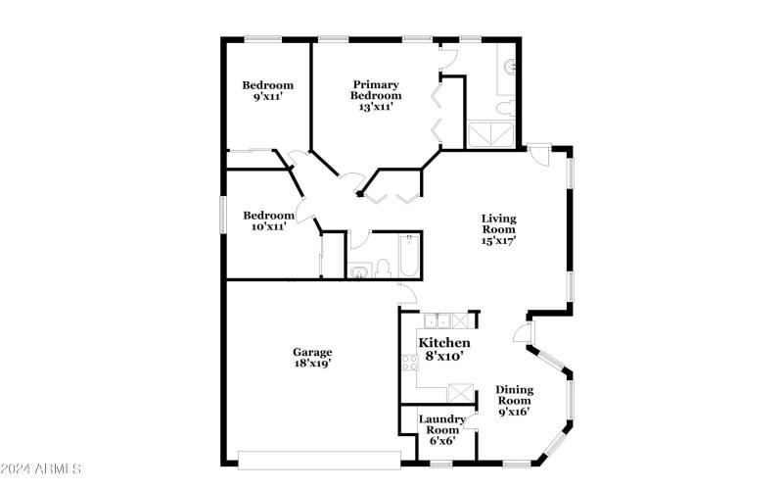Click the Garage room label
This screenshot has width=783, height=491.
click(x=312, y=352)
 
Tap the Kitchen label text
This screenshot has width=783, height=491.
click(x=444, y=343)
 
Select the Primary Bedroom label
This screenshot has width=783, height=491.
click(x=377, y=90)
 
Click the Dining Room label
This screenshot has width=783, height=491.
click(x=514, y=395)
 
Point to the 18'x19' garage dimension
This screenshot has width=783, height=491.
click(x=312, y=364)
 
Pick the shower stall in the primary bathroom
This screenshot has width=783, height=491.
click(x=491, y=135)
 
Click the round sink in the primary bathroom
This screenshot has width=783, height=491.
click(x=511, y=67)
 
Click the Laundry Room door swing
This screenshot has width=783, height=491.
click(x=471, y=423)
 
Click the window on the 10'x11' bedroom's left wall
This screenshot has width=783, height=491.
click(x=222, y=215)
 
